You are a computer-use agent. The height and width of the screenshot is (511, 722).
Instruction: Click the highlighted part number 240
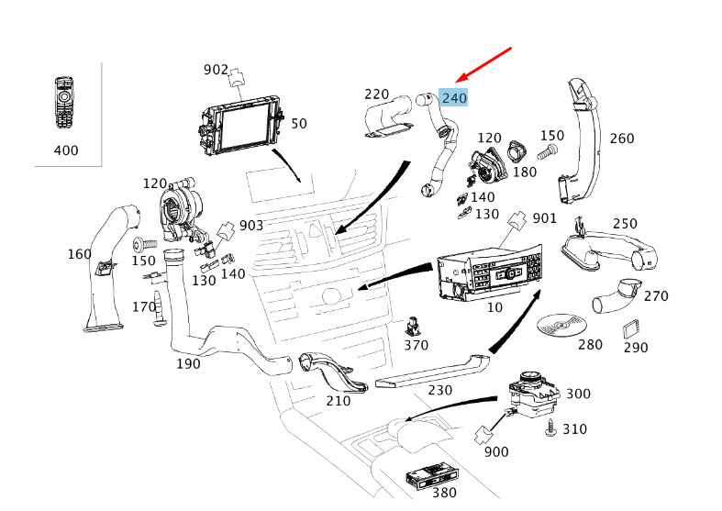(454, 97)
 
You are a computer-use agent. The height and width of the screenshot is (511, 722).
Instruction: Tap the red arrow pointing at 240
(487, 63)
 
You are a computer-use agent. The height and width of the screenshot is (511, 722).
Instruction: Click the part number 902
(216, 70)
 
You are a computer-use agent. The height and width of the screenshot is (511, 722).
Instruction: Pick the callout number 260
(622, 139)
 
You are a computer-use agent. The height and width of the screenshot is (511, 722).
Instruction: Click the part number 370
(417, 345)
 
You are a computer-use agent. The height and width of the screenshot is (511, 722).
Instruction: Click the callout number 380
(443, 493)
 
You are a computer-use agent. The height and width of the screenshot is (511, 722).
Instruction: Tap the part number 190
(189, 364)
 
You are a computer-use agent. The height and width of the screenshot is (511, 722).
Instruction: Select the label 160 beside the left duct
(80, 253)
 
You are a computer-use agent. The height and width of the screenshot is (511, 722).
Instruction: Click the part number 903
(251, 226)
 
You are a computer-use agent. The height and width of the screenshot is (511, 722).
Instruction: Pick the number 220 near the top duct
(377, 94)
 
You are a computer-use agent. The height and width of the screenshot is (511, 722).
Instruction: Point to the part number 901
(545, 217)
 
